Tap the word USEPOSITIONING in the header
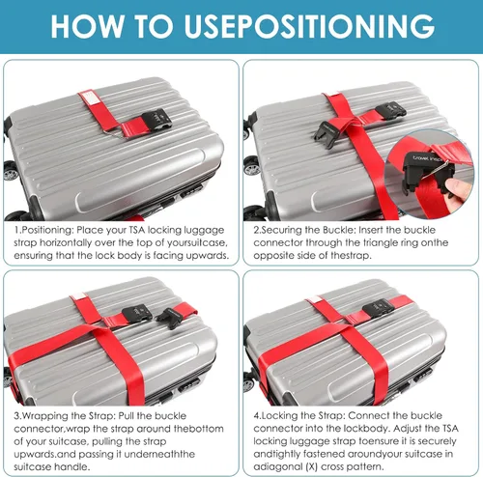(309, 26)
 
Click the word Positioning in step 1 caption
(48, 230)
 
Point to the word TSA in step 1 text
(137, 230)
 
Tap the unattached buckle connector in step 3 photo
(170, 317)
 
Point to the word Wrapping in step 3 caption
(45, 416)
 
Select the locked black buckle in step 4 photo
(379, 308)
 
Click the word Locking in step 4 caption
(280, 415)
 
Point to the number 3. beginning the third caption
(17, 416)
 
